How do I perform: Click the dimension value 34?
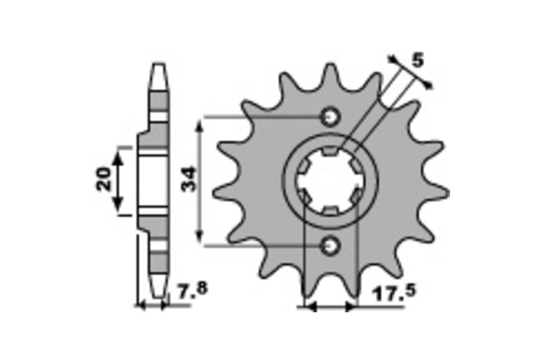[x=189, y=179]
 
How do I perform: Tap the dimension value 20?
[x=103, y=179]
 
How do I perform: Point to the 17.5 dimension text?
[x=394, y=293]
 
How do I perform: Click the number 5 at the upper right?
[x=418, y=60]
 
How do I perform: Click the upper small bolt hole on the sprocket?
[x=330, y=117]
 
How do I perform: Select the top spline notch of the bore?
[x=330, y=151]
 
